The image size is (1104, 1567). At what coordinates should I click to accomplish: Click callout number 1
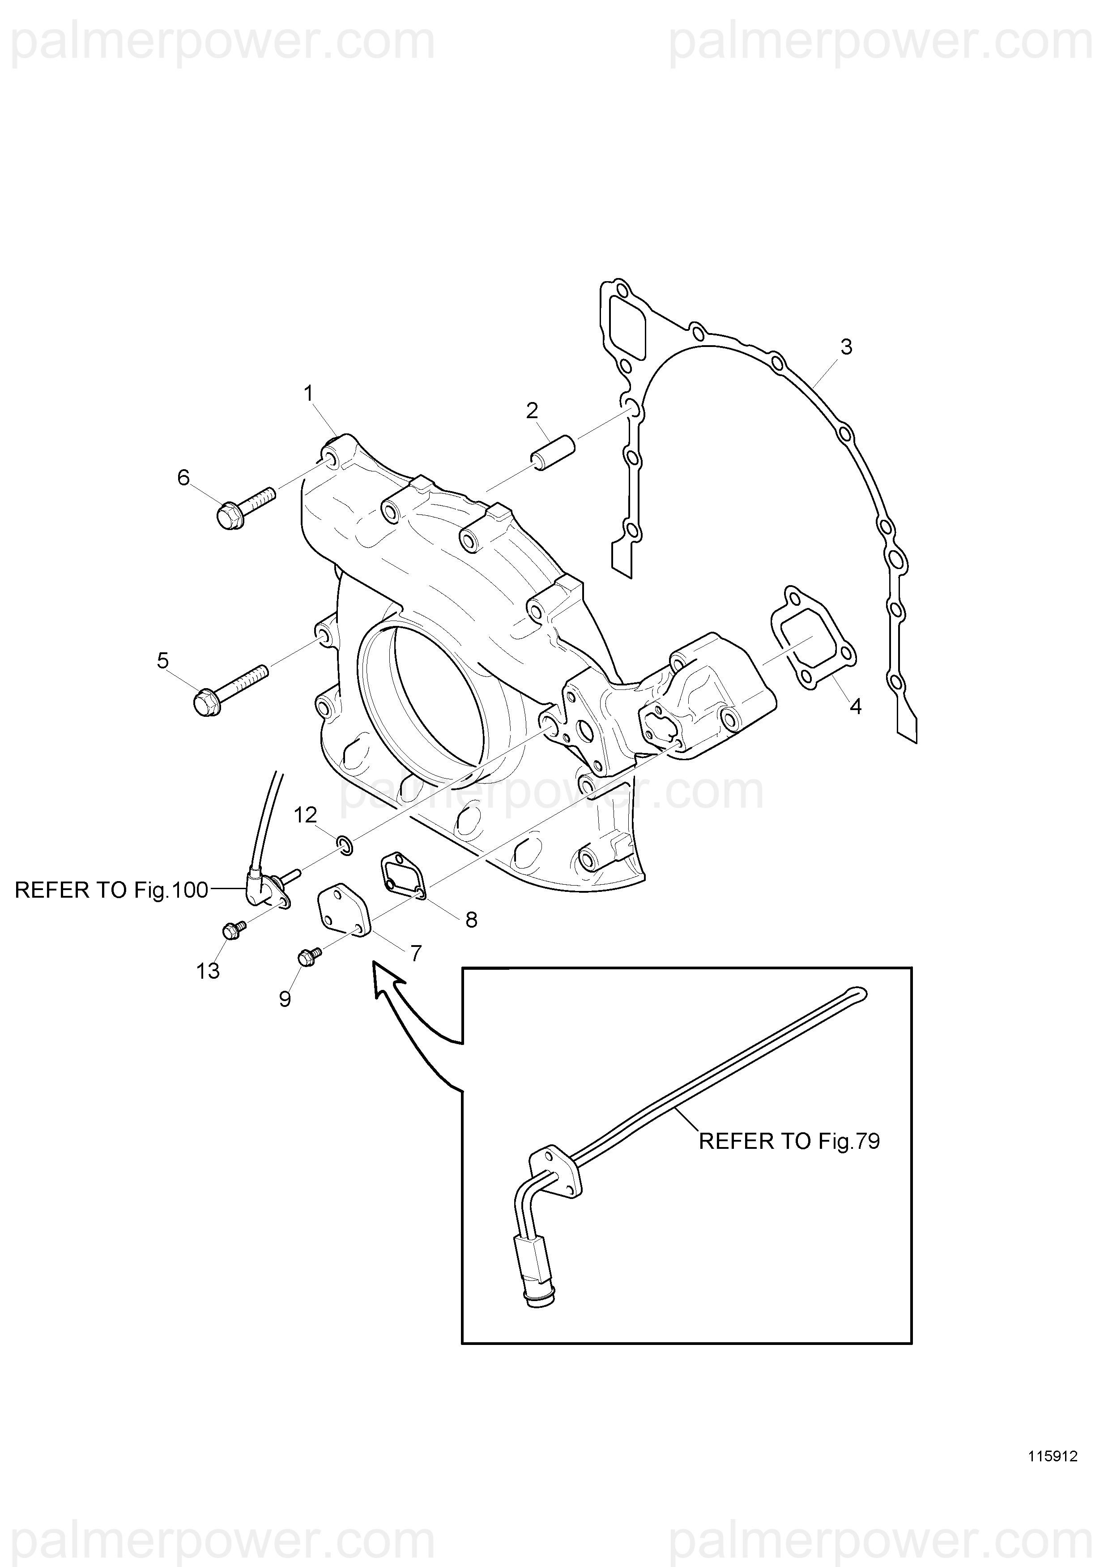pos(308,394)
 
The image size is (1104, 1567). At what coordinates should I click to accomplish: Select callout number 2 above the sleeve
pos(532,411)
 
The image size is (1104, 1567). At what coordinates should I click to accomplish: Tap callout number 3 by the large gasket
pos(846,347)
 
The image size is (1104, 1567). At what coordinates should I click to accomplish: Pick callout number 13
pos(208,971)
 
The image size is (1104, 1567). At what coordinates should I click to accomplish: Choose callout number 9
pos(285,999)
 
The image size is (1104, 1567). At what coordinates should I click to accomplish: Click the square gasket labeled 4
pos(813,638)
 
